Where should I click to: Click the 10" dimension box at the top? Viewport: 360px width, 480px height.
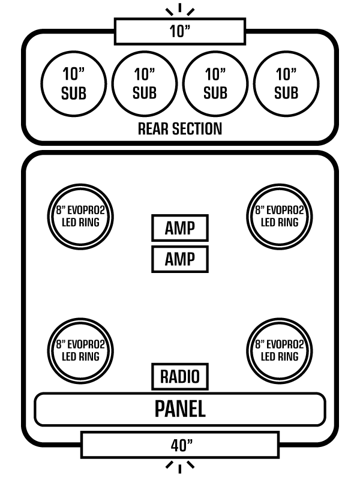(179, 31)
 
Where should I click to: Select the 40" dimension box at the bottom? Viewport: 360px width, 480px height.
(179, 445)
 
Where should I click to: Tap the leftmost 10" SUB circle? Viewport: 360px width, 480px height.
(74, 83)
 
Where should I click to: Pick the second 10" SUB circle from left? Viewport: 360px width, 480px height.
(145, 83)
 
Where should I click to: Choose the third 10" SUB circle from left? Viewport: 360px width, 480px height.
(215, 83)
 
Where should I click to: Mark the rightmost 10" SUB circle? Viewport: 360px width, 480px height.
(286, 83)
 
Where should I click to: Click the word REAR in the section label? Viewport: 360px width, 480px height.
(154, 128)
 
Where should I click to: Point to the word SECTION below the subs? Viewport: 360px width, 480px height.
(196, 128)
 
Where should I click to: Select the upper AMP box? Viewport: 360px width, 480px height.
(179, 228)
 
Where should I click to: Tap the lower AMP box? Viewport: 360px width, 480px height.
(179, 259)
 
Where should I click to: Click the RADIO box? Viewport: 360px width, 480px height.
(179, 377)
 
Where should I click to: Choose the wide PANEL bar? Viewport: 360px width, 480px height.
(179, 409)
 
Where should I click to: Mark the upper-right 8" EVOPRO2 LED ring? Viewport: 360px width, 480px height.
(280, 216)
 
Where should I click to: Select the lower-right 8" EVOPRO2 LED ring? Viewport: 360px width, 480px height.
(280, 350)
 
